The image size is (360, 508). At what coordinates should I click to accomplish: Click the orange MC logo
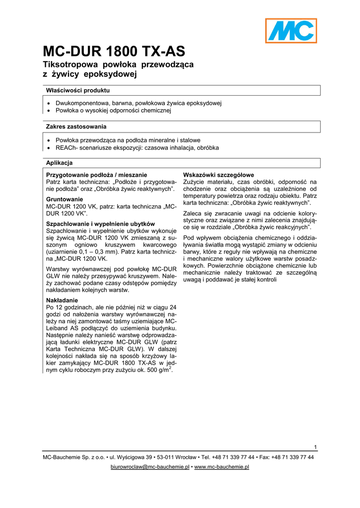pyautogui.click(x=290, y=30)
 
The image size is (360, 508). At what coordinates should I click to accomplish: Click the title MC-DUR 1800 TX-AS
pyautogui.click(x=114, y=52)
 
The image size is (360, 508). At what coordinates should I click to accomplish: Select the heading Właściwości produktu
pyautogui.click(x=78, y=90)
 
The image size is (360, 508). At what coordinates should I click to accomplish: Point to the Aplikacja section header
pyautogui.click(x=60, y=163)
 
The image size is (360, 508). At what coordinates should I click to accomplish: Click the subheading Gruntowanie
pyautogui.click(x=65, y=199)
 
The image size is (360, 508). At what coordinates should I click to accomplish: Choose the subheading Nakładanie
pyautogui.click(x=62, y=300)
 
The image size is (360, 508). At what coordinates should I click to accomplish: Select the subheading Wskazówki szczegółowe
pyautogui.click(x=218, y=175)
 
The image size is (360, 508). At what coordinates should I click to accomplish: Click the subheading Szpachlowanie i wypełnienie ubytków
pyautogui.click(x=101, y=224)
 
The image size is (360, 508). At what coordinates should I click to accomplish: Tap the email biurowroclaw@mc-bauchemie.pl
pyautogui.click(x=149, y=467)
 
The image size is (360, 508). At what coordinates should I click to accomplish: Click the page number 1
pyautogui.click(x=315, y=447)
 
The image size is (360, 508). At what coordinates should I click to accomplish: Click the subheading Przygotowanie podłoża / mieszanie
pyautogui.click(x=96, y=175)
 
